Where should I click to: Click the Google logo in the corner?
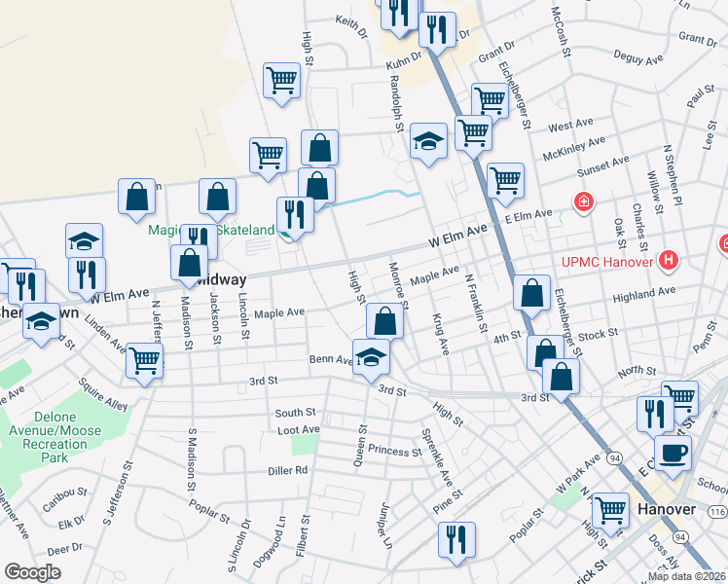pos(32,572)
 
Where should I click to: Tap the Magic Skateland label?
pos(210,230)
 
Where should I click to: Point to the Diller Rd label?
pos(288,470)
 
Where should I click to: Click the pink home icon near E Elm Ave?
pos(583,202)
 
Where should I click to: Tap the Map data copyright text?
pos(687,576)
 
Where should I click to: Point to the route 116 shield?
pos(717,511)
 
